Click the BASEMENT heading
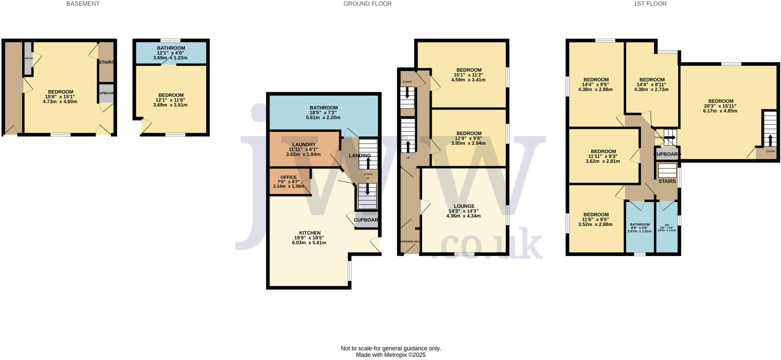point(83,4)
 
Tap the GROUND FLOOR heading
point(367,4)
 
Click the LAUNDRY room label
point(304,145)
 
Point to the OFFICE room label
point(288,177)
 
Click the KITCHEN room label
point(309,233)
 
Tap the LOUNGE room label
point(464,206)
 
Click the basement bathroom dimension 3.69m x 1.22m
point(170,58)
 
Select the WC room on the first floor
point(667,225)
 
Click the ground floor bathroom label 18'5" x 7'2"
point(323,113)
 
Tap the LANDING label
point(360,156)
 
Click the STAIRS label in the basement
point(106,62)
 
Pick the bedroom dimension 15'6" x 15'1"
point(60,97)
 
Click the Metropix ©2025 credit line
point(390,355)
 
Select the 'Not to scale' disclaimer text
point(390,348)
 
